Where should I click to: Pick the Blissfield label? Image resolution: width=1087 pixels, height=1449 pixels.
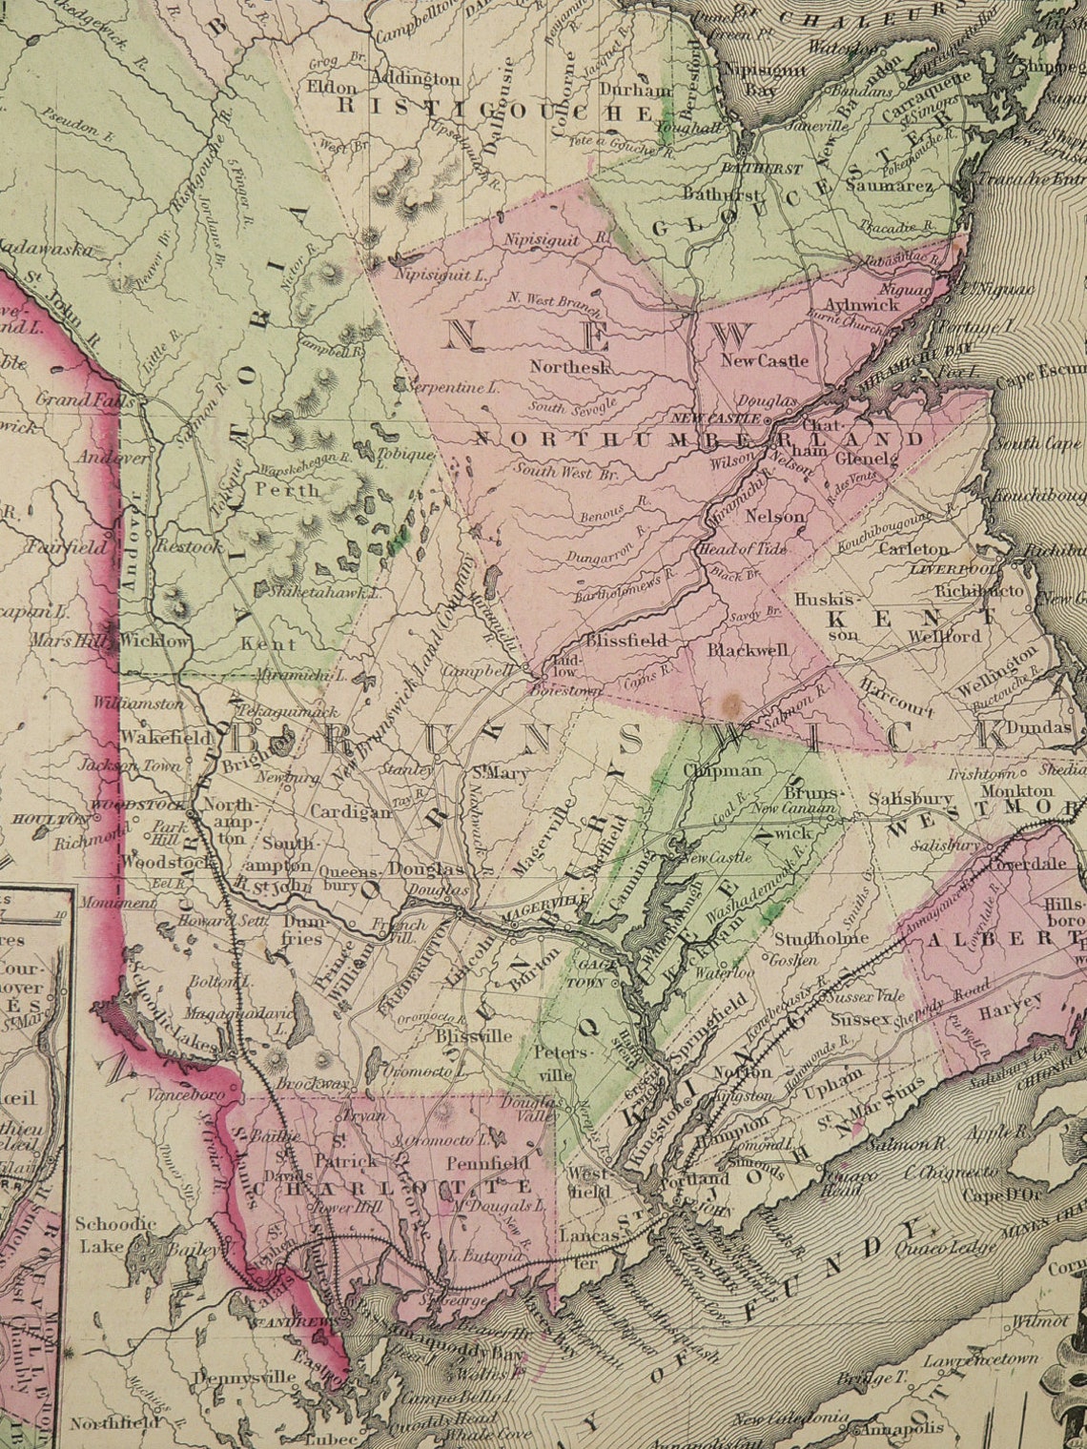coord(626,641)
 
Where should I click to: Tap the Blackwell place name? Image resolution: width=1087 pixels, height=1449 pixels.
coord(749,650)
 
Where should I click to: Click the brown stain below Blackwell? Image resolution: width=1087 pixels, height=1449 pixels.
coord(731,704)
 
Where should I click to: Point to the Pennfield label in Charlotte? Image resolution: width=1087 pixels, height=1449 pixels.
coord(487,1163)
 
